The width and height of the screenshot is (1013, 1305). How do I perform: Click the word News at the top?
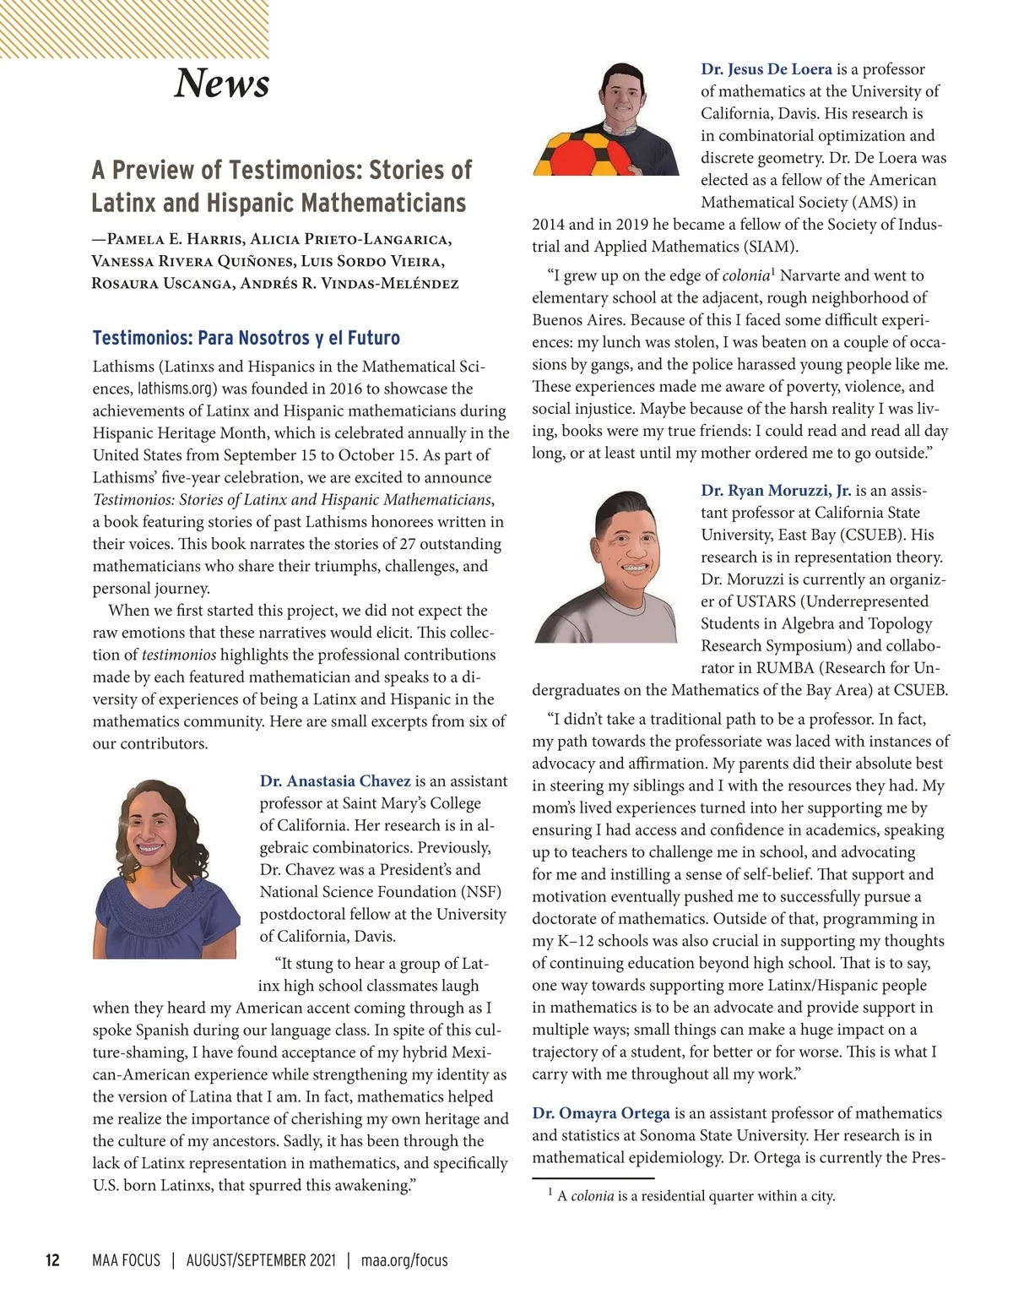point(221,83)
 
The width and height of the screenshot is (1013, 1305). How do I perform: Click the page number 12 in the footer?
point(52,1260)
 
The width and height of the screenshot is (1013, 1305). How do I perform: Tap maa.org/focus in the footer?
point(404,1260)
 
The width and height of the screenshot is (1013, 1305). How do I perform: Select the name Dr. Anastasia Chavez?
point(335,781)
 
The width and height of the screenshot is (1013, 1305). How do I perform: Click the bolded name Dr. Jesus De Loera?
point(767,69)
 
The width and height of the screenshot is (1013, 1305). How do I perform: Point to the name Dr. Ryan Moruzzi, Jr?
point(776,491)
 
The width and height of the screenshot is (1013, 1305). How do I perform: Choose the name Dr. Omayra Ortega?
point(601,1113)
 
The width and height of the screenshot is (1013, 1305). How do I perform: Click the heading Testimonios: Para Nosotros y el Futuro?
point(246,338)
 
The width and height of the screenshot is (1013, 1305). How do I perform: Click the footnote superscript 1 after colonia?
point(773,271)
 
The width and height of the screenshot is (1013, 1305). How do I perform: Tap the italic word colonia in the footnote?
point(592,1196)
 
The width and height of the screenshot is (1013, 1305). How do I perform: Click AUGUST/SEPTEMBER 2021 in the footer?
point(261,1260)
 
